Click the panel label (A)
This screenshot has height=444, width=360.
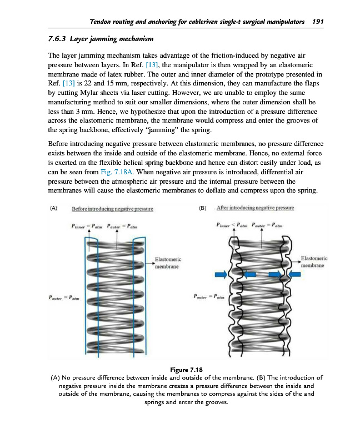[x=53, y=209]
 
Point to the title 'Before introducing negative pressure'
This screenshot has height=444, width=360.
[x=113, y=209]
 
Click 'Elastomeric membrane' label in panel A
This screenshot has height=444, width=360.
[x=167, y=263]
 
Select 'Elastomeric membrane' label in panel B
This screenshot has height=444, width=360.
[x=314, y=261]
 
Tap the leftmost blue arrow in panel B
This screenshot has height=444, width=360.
[x=221, y=274]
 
